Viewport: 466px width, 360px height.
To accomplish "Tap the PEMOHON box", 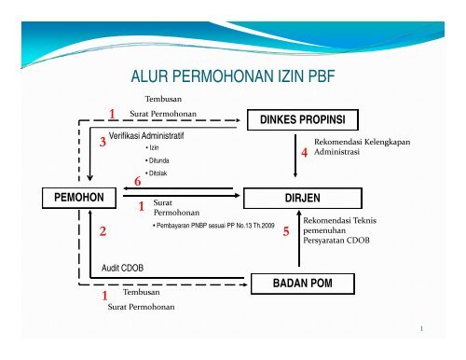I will [x=80, y=197].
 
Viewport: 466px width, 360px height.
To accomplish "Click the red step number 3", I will [x=103, y=143].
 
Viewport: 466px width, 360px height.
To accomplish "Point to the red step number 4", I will [x=303, y=153].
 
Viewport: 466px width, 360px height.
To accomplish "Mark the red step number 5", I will [x=287, y=231].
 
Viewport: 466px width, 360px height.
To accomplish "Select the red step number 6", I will [x=137, y=181].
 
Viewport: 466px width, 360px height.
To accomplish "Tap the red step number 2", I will [x=103, y=229].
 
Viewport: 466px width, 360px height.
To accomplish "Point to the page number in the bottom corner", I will [x=421, y=329].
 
